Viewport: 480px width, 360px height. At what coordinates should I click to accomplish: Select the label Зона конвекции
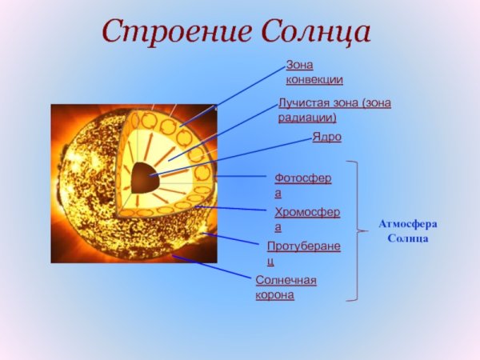(314, 72)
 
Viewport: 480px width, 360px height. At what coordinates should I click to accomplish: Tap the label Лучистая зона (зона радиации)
(334, 110)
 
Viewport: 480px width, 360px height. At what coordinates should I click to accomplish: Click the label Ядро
(326, 138)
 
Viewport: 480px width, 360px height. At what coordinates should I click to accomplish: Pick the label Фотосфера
(303, 185)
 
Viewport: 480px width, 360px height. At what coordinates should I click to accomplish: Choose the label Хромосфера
(306, 219)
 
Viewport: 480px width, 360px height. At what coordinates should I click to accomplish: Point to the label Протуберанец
(303, 254)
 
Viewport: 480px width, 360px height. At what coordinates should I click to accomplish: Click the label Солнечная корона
(286, 287)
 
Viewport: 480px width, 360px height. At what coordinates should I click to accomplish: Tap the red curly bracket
(354, 232)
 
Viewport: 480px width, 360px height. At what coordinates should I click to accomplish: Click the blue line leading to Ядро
(240, 154)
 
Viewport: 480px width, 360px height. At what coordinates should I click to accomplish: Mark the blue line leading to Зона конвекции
(240, 92)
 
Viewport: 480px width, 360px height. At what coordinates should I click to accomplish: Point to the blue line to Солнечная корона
(212, 268)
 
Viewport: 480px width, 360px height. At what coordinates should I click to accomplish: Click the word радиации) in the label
(308, 118)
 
